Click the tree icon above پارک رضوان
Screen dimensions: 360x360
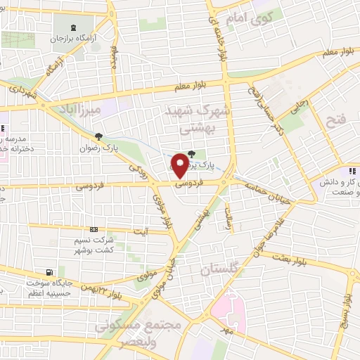click(x=98, y=136)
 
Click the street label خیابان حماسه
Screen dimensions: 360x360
click(x=266, y=186)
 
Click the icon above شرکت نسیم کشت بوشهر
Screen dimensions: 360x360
click(x=94, y=229)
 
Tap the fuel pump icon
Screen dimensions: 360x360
click(x=48, y=272)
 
